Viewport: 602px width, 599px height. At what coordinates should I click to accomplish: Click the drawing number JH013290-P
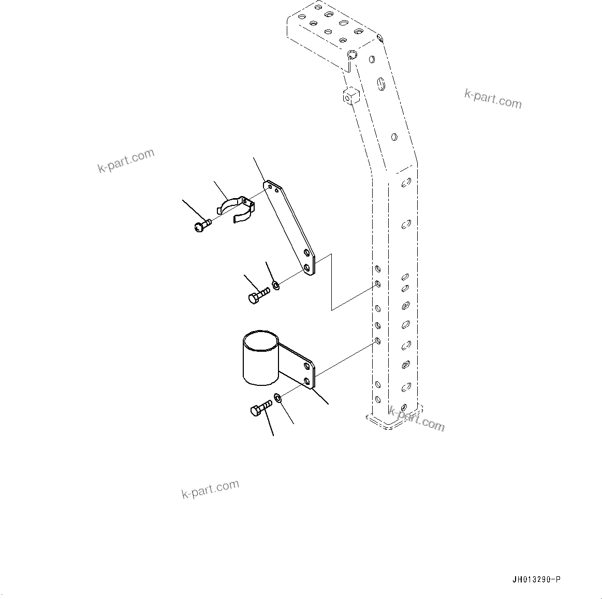click(x=536, y=579)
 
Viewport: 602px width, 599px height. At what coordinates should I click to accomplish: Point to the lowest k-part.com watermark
click(x=210, y=489)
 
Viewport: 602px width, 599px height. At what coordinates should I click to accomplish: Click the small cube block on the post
click(x=350, y=96)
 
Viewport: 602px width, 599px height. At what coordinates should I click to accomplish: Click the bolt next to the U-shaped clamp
click(x=202, y=225)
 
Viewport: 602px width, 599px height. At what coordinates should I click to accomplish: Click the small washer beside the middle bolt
click(x=276, y=284)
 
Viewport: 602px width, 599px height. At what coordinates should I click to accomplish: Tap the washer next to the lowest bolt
click(x=278, y=398)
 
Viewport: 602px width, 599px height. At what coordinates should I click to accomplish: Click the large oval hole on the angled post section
click(x=381, y=83)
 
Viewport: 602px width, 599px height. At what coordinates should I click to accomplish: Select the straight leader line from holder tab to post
click(x=344, y=357)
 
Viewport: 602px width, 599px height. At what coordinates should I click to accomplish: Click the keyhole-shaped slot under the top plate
click(x=351, y=57)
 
